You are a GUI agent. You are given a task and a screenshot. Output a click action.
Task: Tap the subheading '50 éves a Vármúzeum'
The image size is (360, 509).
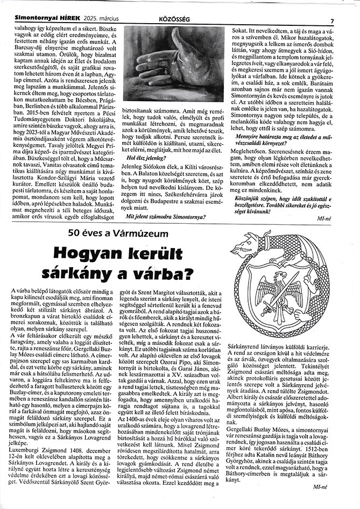point(115,232)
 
